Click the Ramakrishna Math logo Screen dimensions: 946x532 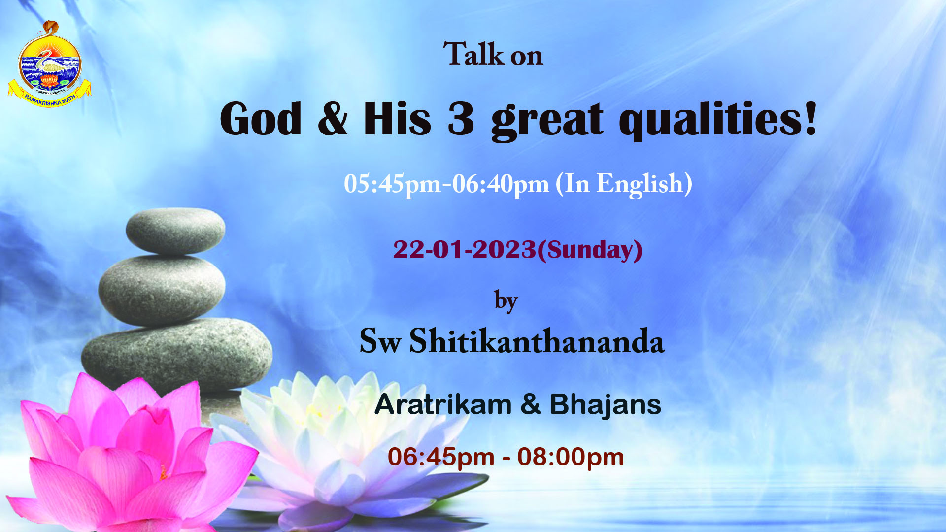click(x=49, y=64)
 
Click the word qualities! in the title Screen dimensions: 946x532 click(x=718, y=121)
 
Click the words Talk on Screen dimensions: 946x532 click(x=493, y=54)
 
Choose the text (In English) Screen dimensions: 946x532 click(x=624, y=184)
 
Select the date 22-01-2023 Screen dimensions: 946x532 click(x=465, y=250)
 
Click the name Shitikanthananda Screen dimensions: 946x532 click(x=537, y=341)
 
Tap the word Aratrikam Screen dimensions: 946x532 click(x=443, y=405)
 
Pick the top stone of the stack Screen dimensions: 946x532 click(x=175, y=231)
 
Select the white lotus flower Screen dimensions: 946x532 click(x=335, y=443)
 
